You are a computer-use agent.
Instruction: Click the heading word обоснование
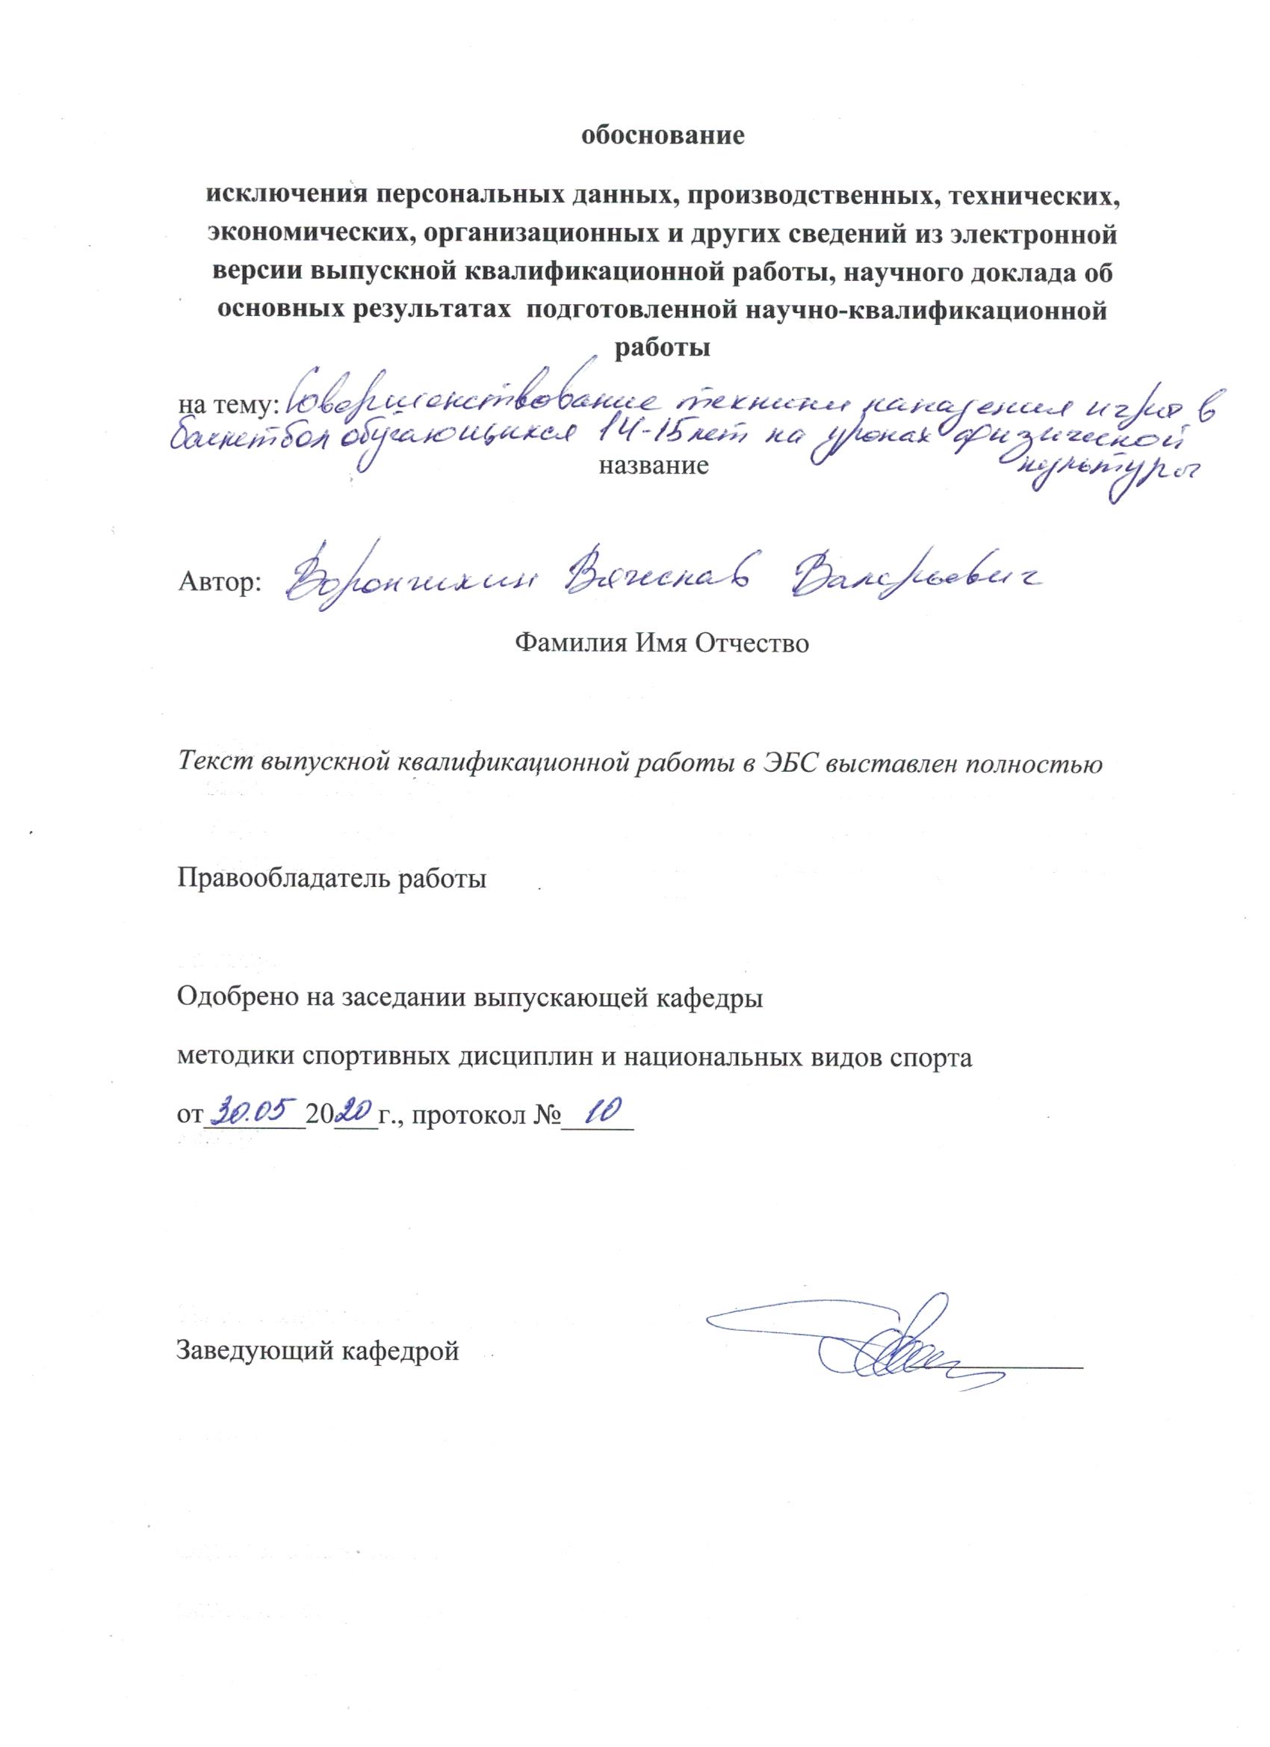[x=663, y=136]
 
